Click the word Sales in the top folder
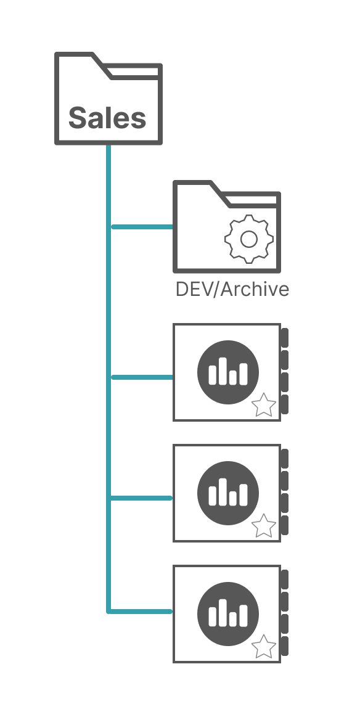pyautogui.click(x=107, y=117)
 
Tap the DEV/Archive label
pyautogui.click(x=232, y=290)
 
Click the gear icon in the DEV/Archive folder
pyautogui.click(x=249, y=239)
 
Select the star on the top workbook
pyautogui.click(x=264, y=405)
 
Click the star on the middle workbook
pyautogui.click(x=264, y=526)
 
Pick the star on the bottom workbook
pyautogui.click(x=264, y=646)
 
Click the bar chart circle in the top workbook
pyautogui.click(x=228, y=372)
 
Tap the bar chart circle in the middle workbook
pyautogui.click(x=228, y=493)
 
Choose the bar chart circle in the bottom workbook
pyautogui.click(x=228, y=613)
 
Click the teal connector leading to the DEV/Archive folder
pyautogui.click(x=142, y=227)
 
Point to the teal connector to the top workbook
pyautogui.click(x=142, y=377)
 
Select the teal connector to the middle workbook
pyautogui.click(x=141, y=498)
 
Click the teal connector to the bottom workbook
pyautogui.click(x=141, y=612)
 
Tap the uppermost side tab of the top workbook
pyautogui.click(x=285, y=338)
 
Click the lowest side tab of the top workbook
pyautogui.click(x=285, y=404)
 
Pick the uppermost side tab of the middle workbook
pyautogui.click(x=285, y=458)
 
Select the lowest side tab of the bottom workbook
pyautogui.click(x=285, y=645)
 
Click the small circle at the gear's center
pyautogui.click(x=249, y=239)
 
